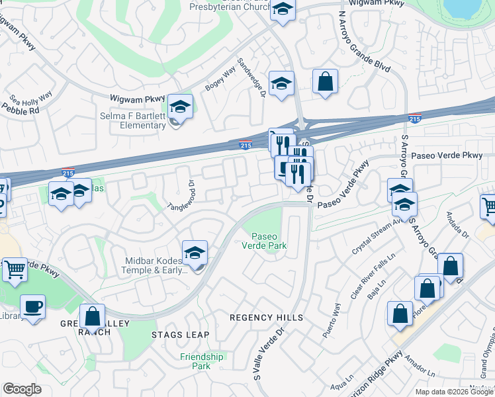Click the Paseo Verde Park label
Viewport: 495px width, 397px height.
269,242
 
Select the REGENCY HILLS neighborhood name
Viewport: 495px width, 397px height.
266,318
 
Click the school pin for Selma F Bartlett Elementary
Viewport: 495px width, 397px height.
179,106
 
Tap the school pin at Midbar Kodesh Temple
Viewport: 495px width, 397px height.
195,252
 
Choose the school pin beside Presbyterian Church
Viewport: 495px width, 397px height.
283,9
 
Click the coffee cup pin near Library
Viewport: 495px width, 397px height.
32,306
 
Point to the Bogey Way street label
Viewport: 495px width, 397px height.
220,80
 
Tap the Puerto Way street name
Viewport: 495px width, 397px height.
332,321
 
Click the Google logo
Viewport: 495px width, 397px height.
22,389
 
